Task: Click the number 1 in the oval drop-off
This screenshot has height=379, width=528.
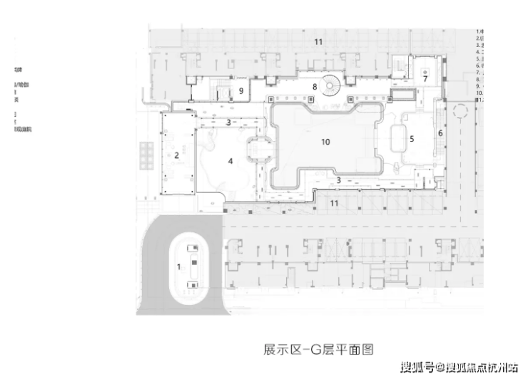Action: (178, 266)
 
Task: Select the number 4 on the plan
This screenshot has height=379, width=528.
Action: (230, 162)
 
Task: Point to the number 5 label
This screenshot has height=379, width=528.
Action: (412, 139)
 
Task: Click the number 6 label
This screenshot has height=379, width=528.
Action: (440, 133)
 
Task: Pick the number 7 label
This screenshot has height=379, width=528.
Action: (425, 78)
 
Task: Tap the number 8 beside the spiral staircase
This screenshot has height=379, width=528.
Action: (314, 86)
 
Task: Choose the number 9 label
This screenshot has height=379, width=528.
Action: (242, 90)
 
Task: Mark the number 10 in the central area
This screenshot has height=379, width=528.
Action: (325, 142)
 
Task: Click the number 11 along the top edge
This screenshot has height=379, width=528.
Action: (318, 42)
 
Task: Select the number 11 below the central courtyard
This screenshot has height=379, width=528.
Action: (333, 203)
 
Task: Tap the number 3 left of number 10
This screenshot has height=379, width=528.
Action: (228, 123)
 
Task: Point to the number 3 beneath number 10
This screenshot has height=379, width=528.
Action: (339, 180)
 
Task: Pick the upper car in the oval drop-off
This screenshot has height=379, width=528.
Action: (193, 249)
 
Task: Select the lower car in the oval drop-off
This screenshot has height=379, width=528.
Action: (192, 285)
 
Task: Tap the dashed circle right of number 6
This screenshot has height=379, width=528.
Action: (460, 110)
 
